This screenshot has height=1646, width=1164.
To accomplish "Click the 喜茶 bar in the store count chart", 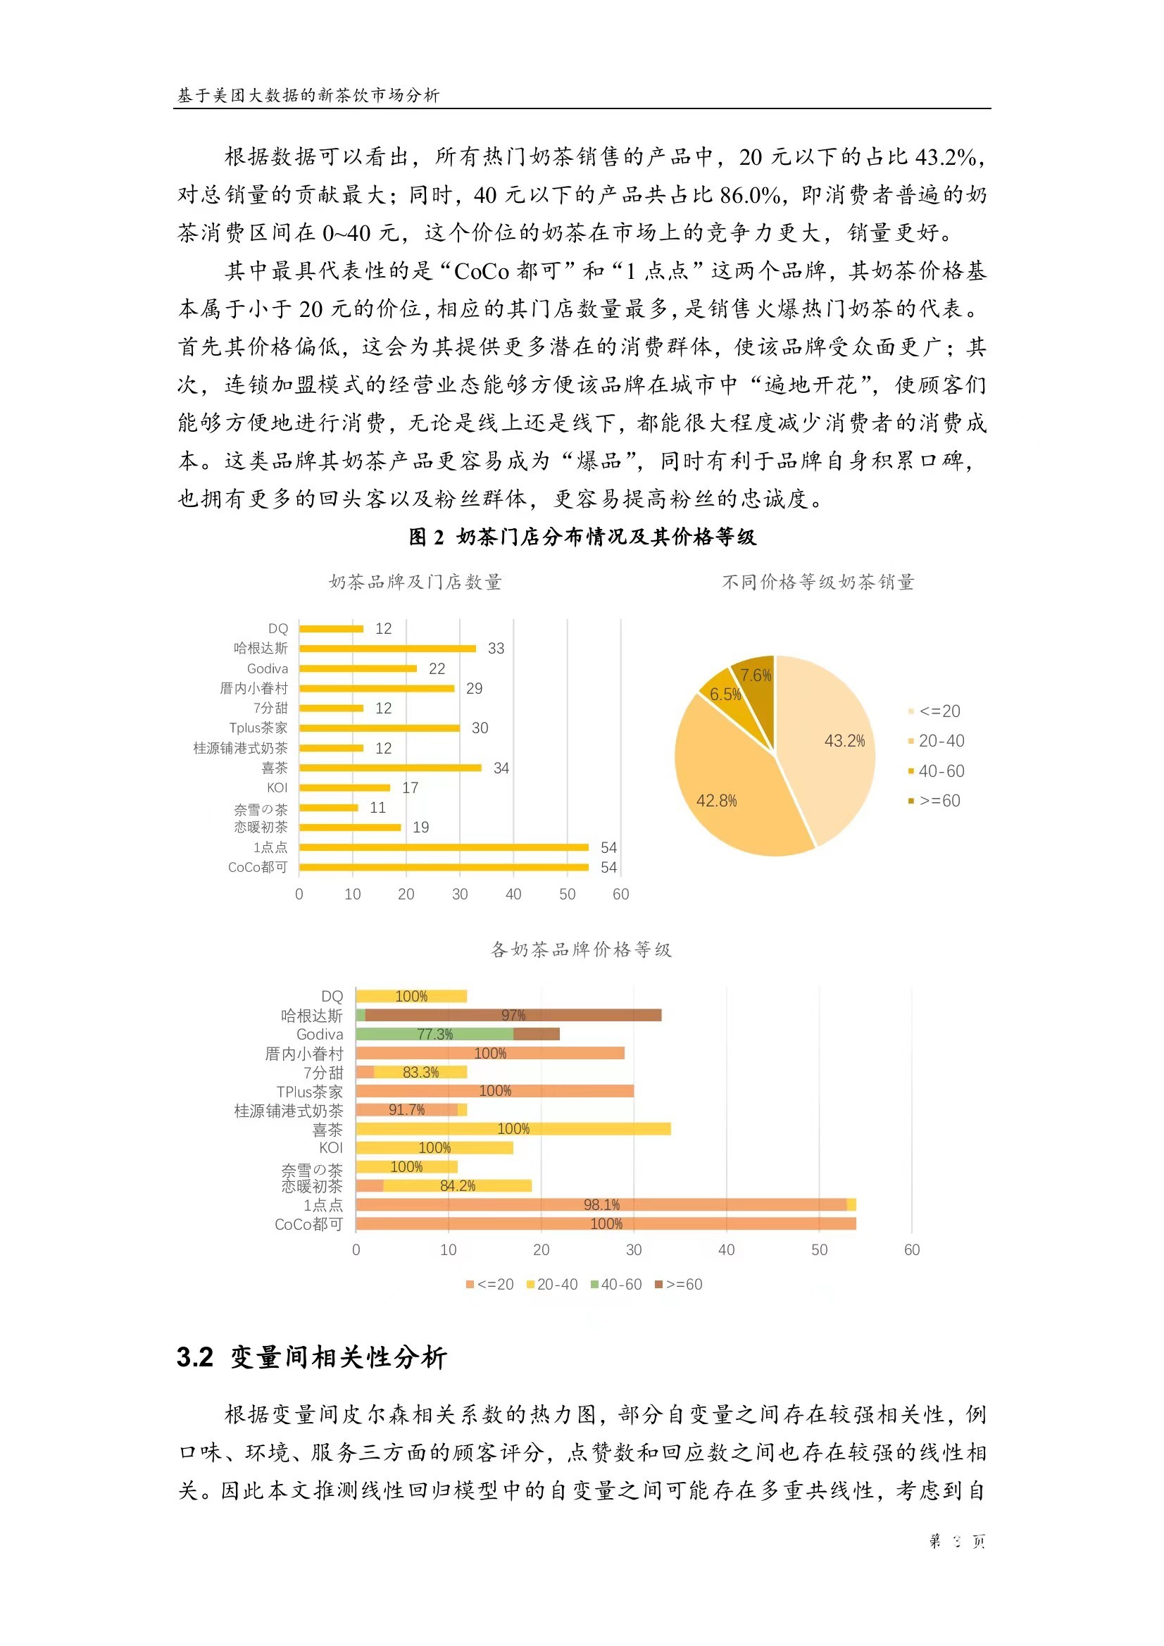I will (390, 768).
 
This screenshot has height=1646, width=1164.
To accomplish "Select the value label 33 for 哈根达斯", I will (496, 649).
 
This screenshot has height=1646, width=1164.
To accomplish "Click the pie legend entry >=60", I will (939, 801).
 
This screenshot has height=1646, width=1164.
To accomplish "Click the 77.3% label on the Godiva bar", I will (435, 1035).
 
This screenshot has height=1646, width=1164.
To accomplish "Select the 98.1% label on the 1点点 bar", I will (601, 1205).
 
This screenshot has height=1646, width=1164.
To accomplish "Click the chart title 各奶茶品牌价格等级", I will (581, 950).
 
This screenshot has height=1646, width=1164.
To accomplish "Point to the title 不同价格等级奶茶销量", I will (818, 582).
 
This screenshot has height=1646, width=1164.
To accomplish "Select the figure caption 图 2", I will (427, 537).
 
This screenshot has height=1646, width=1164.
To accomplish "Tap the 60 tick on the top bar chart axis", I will (620, 894).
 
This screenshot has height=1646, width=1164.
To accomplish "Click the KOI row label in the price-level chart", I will (331, 1148).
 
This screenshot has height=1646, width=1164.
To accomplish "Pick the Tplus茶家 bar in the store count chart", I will (380, 728).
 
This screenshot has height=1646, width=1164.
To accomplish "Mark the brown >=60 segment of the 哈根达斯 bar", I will (513, 1015).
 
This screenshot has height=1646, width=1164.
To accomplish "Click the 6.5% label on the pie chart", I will (725, 694).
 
